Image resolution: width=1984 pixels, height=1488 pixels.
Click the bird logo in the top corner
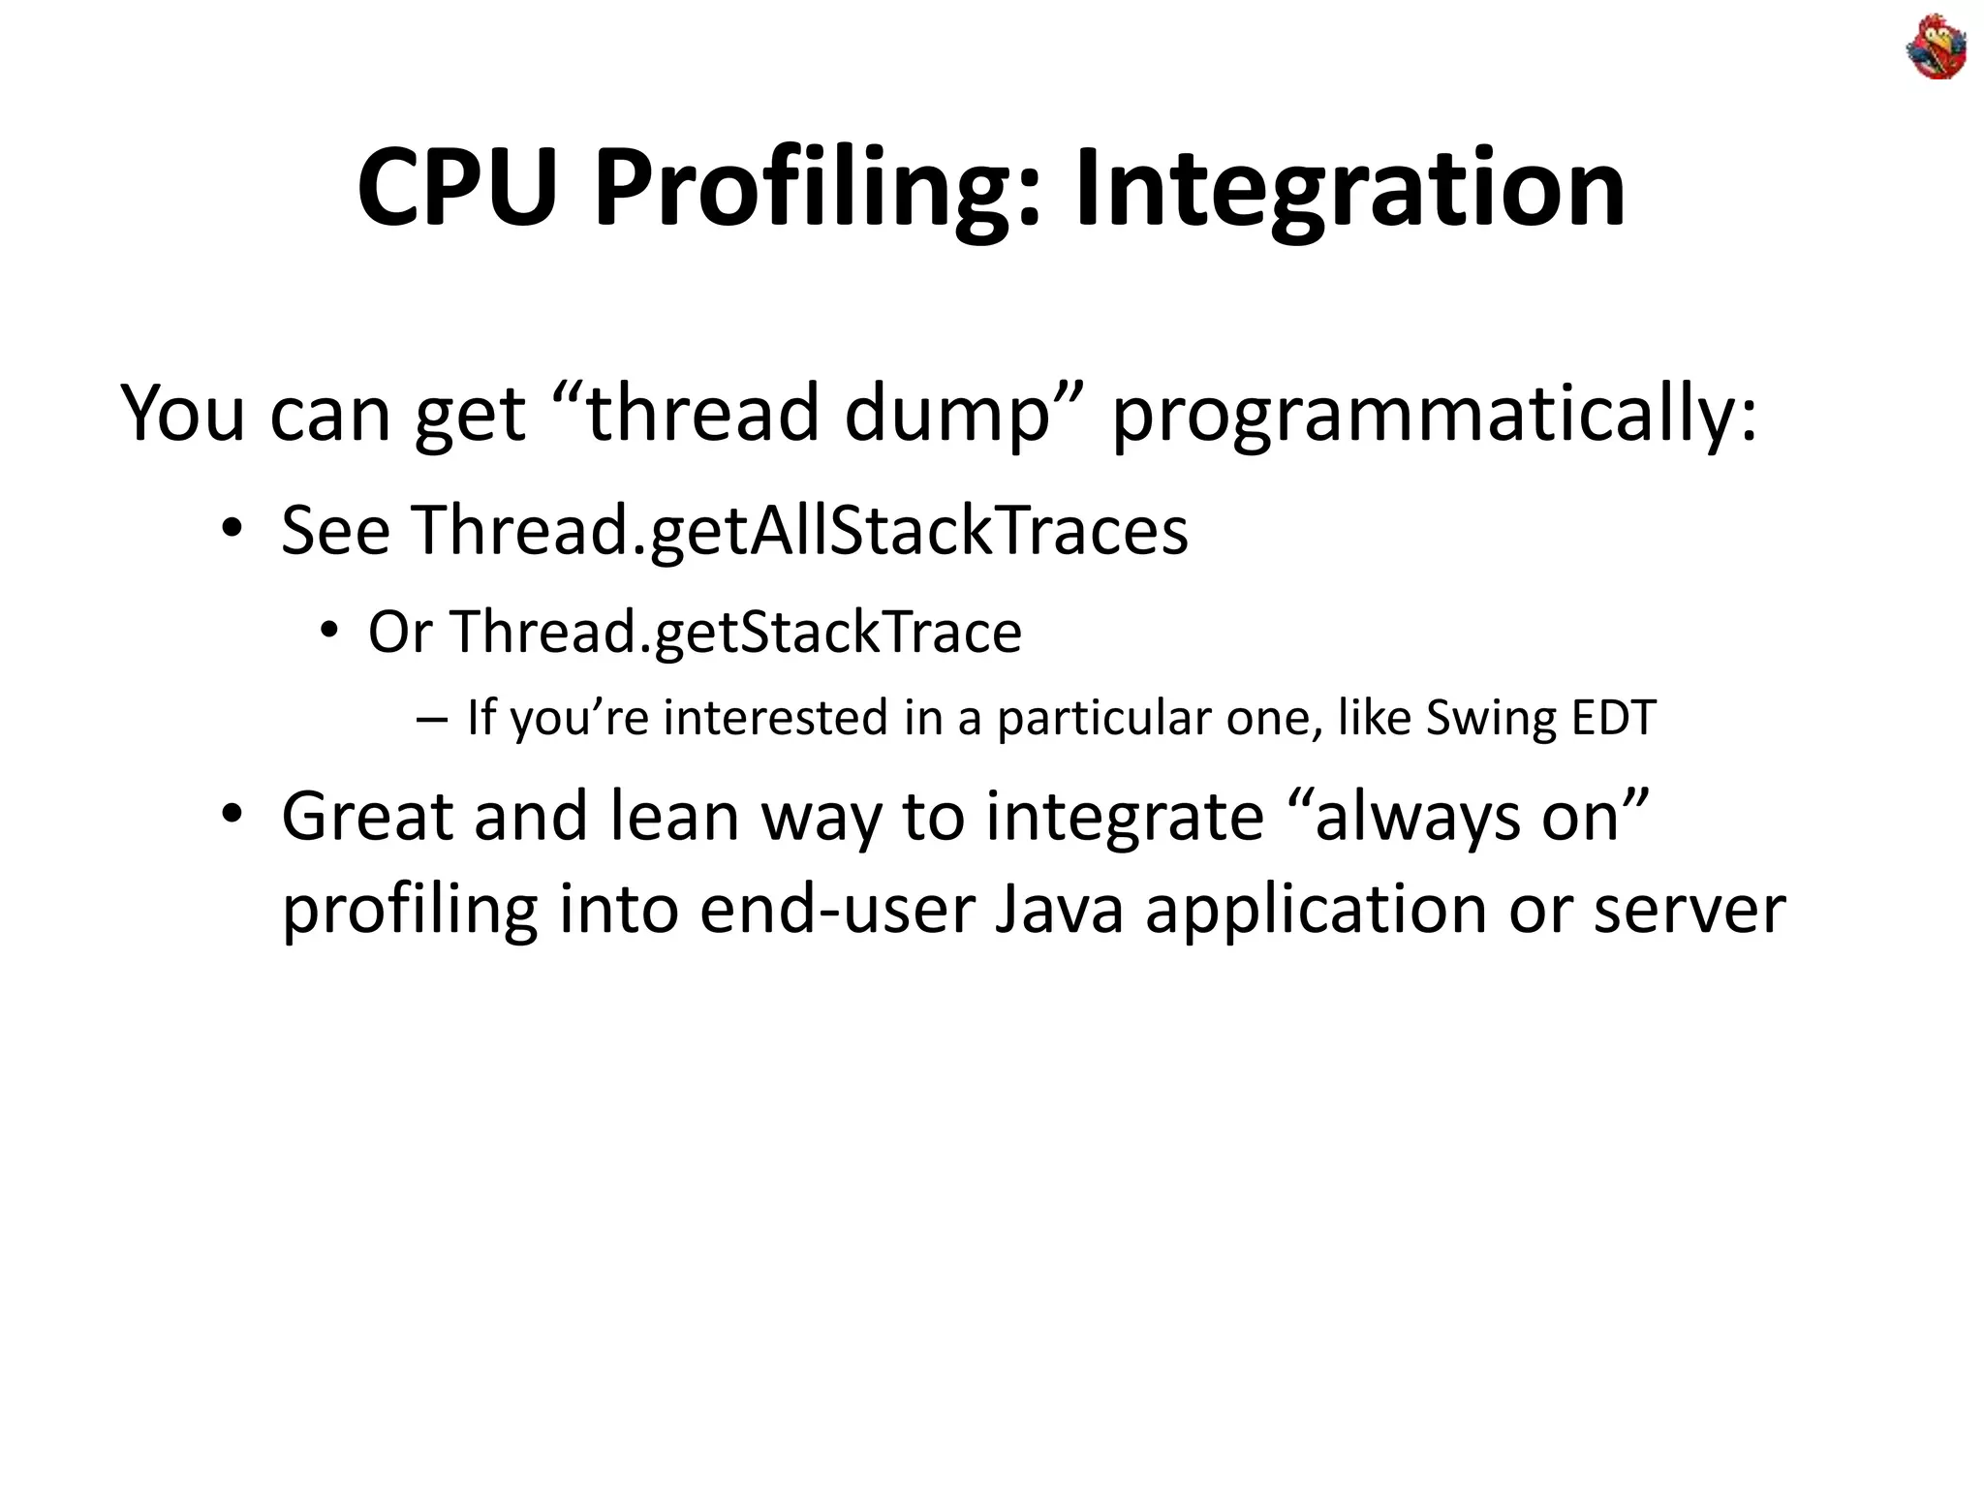1937,47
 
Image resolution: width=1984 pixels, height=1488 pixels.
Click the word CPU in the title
457,188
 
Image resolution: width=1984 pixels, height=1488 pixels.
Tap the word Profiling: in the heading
817,188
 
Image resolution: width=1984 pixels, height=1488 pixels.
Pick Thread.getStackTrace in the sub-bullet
734,633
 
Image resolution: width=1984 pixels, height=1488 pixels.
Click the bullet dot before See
231,530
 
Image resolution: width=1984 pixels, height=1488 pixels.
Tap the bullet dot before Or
329,632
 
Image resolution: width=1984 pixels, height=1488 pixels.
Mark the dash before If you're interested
430,720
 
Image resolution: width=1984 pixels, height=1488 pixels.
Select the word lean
674,816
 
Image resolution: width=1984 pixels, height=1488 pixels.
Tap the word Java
1059,910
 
